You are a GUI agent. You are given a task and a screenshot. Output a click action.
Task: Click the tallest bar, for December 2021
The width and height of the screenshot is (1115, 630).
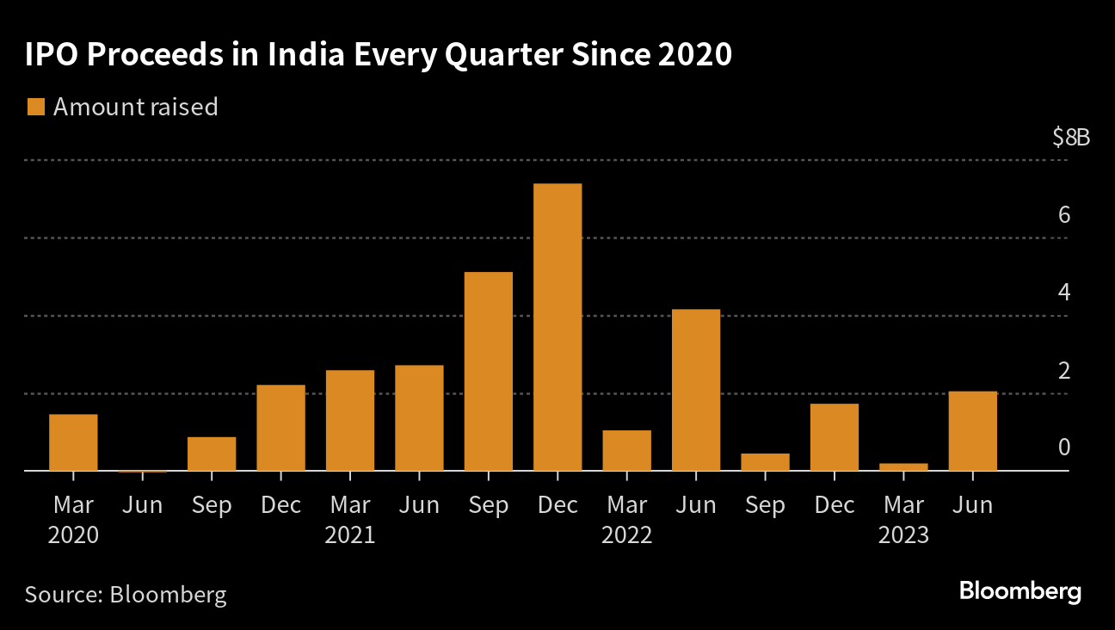point(557,327)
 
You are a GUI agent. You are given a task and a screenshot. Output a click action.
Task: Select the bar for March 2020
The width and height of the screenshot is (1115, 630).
point(73,442)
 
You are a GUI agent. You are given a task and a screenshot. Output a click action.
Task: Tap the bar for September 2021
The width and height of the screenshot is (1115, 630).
point(488,371)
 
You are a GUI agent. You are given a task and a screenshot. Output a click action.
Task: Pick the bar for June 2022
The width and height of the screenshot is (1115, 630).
point(695,390)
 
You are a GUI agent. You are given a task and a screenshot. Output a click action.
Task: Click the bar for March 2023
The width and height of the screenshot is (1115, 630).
point(903,467)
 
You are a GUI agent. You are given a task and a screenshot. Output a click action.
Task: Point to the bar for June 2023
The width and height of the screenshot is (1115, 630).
point(972,431)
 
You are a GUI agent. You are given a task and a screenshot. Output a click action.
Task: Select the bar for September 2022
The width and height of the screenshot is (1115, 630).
point(765,462)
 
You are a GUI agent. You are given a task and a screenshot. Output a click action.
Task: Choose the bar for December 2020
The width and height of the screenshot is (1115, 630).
point(280,428)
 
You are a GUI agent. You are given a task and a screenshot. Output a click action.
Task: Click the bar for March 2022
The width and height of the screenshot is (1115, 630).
point(626,450)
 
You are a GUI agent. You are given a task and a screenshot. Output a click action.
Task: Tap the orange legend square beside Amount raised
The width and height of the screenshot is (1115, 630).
point(35,107)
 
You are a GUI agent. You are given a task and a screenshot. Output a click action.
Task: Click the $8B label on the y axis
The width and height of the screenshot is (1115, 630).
point(1070,138)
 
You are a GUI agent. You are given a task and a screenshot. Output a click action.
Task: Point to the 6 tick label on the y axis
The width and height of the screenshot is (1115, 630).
point(1064,214)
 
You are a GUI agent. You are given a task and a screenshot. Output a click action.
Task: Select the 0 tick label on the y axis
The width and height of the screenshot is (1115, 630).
point(1064,448)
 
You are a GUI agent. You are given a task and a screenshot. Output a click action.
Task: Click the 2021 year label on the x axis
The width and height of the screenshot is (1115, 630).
point(349,535)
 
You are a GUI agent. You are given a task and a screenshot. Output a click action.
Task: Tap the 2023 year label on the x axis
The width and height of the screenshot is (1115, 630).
point(903,535)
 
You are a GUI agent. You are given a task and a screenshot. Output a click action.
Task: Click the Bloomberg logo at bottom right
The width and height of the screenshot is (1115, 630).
point(1020,592)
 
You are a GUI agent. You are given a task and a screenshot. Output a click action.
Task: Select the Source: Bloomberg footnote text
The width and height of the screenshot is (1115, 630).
point(126,595)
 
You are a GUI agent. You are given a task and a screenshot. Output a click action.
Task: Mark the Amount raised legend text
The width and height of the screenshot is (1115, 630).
point(135,107)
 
